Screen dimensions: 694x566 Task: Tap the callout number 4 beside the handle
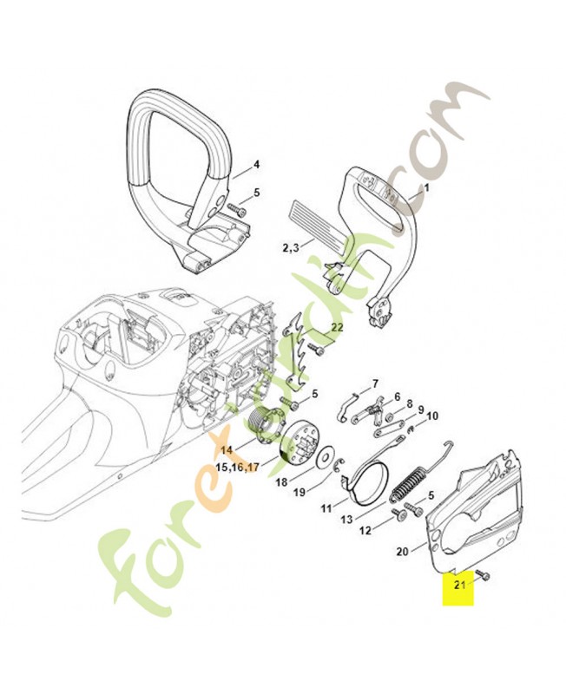coord(256,164)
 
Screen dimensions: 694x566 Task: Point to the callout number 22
coord(337,327)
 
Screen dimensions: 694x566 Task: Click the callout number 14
coord(227,449)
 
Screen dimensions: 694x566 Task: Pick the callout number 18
coord(280,481)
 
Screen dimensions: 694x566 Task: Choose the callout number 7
coord(375,383)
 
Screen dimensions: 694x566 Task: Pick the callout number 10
coord(432,416)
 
